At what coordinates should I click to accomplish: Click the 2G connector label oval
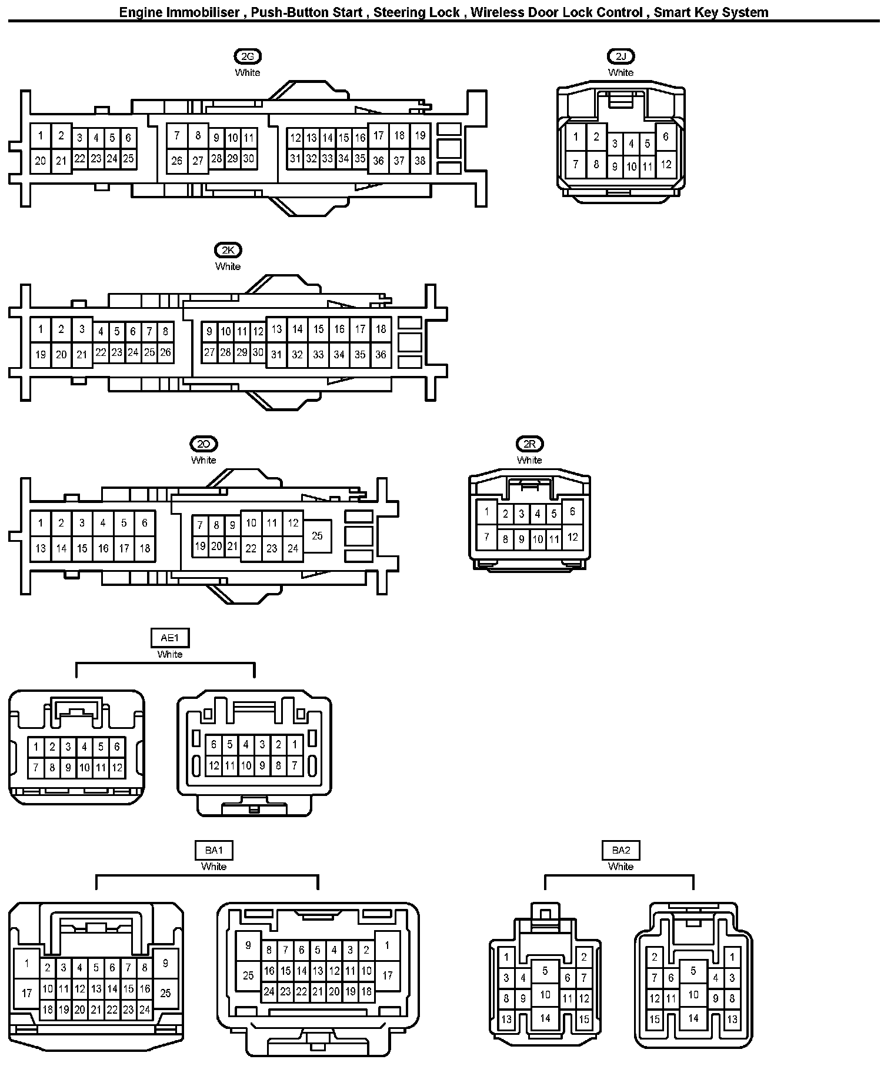click(x=247, y=56)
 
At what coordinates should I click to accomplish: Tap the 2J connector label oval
click(x=621, y=56)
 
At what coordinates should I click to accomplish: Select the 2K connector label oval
click(x=228, y=250)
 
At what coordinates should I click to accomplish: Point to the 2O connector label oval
click(x=204, y=444)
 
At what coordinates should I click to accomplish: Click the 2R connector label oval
click(x=529, y=444)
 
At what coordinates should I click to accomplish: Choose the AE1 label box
click(x=170, y=638)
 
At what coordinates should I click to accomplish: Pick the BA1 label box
click(x=214, y=850)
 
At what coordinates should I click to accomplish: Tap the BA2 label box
click(x=621, y=850)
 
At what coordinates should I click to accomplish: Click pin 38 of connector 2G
click(x=420, y=161)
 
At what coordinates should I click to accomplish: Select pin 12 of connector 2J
click(x=666, y=164)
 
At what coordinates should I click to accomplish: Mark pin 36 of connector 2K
click(x=381, y=354)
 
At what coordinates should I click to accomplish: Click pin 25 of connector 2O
click(x=317, y=536)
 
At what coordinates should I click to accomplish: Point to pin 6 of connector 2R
click(x=572, y=512)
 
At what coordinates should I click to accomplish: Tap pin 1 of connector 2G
click(x=41, y=136)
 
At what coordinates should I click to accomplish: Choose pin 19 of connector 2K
click(x=41, y=354)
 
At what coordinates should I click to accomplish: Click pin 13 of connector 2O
click(x=41, y=548)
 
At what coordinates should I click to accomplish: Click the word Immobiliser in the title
click(x=204, y=12)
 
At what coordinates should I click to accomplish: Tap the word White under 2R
click(x=529, y=460)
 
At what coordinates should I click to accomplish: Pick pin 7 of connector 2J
click(x=576, y=164)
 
